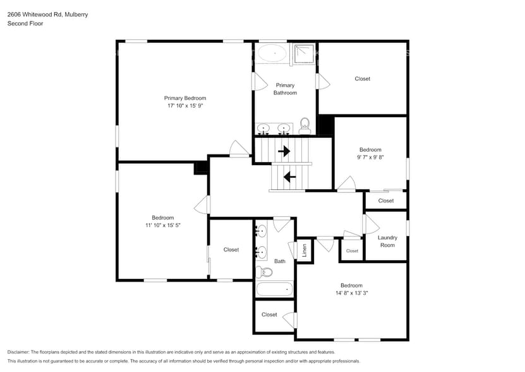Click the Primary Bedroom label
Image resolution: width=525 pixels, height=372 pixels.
185,98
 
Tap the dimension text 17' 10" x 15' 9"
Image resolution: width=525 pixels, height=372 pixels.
185,106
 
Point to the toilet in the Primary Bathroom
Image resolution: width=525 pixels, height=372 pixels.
305,125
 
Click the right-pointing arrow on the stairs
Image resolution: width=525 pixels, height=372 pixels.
284,151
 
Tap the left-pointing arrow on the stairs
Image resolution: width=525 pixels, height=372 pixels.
290,177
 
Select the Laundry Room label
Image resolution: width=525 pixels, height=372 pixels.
387,241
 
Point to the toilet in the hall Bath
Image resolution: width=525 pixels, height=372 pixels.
266,273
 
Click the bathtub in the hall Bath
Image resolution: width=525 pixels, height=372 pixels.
275,290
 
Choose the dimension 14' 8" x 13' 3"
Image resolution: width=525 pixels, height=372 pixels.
351,293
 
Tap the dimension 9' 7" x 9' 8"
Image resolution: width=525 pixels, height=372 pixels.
370,158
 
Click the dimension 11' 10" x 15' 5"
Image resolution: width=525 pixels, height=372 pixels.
163,225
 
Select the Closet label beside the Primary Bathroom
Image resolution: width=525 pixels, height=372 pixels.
362,79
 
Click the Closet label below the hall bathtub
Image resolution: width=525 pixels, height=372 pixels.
269,314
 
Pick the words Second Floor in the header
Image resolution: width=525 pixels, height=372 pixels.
25,23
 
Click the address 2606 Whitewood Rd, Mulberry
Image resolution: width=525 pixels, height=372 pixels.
47,14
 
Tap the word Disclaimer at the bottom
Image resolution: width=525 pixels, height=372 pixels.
18,352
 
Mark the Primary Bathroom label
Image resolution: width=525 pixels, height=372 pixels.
285,89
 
